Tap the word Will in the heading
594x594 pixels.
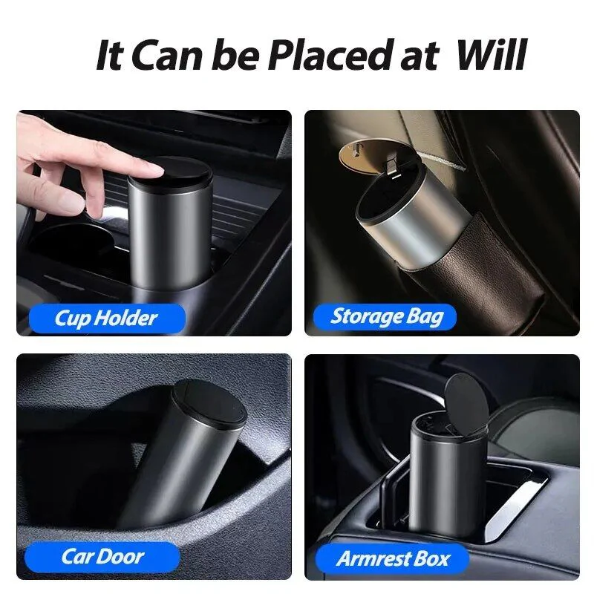[x=492, y=55]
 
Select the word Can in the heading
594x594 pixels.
[x=166, y=56]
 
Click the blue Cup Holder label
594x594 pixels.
[x=107, y=319]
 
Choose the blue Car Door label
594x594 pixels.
[x=102, y=556]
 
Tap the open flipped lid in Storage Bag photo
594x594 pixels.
[x=375, y=157]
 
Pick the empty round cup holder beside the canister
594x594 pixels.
[x=72, y=243]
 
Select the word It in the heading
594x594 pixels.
[x=109, y=56]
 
